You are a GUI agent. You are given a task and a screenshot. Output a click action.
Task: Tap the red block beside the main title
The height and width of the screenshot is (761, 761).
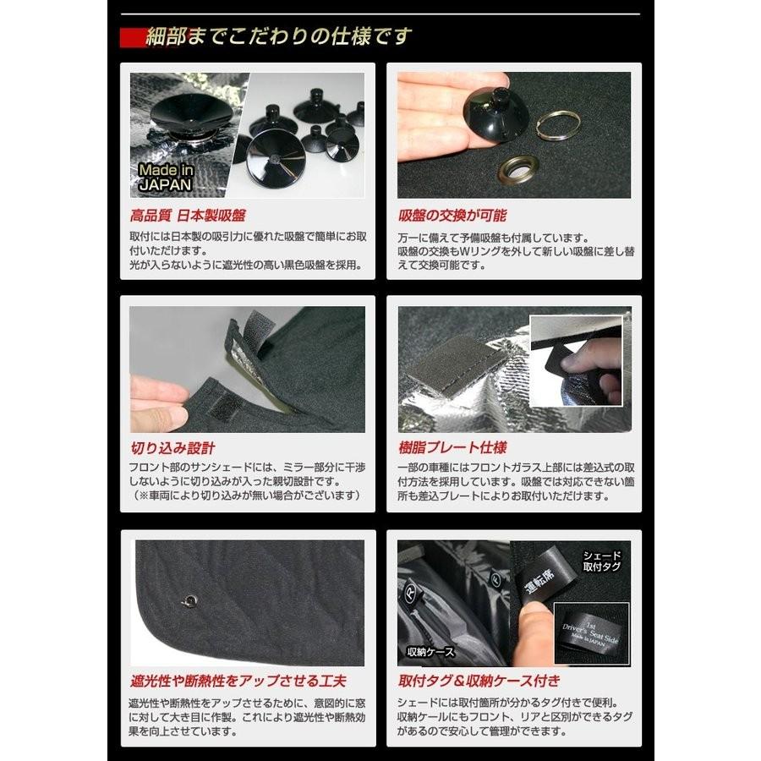tap(135, 37)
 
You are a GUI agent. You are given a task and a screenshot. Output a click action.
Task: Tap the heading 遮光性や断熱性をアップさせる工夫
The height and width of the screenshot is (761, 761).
tap(238, 681)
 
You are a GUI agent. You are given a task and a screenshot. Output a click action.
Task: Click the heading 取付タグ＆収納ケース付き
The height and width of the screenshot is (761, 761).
tap(479, 681)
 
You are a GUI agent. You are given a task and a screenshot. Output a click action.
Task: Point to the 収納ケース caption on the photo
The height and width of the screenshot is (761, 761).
tap(431, 652)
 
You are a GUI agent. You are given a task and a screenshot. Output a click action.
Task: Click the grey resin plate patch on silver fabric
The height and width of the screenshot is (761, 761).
tap(448, 364)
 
